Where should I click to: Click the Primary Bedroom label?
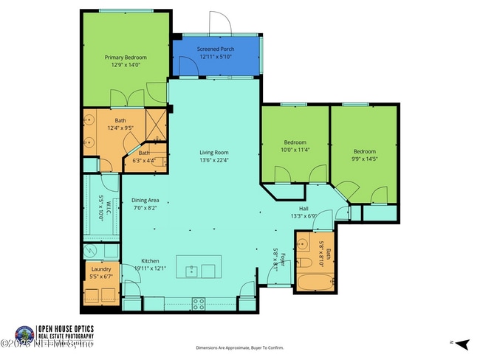pos(125,58)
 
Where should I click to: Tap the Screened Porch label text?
pos(215,49)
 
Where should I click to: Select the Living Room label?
pos(215,153)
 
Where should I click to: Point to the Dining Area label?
pos(145,200)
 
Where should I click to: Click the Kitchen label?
pos(151,261)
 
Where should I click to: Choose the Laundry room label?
pos(100,269)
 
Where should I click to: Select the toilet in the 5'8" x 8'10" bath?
pos(304,261)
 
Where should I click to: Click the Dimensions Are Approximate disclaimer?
pos(239,347)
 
